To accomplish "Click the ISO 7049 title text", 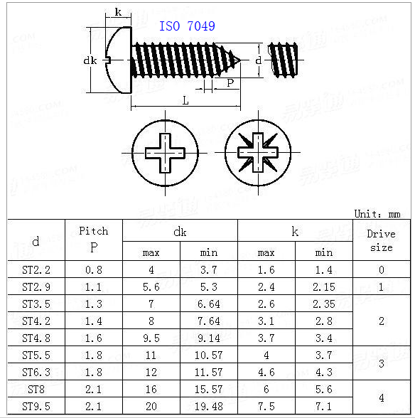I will [187, 26].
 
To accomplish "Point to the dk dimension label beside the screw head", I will [90, 60].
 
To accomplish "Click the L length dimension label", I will [185, 101].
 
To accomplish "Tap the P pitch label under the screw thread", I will [230, 83].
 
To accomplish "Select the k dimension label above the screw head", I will [117, 12].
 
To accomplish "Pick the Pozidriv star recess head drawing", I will [258, 152].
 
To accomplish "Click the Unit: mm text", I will [377, 213].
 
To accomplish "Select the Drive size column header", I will [381, 240].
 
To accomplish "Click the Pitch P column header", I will [94, 240].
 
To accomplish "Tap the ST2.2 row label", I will [36, 270].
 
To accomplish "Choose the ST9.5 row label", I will [36, 407].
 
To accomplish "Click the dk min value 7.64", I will [209, 321].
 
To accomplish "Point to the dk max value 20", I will [151, 407].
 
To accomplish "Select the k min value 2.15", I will [323, 287].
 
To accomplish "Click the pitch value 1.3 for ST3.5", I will [94, 304].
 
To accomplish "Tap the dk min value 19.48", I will [209, 407].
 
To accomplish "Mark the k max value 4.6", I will [266, 372].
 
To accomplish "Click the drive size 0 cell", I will [381, 270].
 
